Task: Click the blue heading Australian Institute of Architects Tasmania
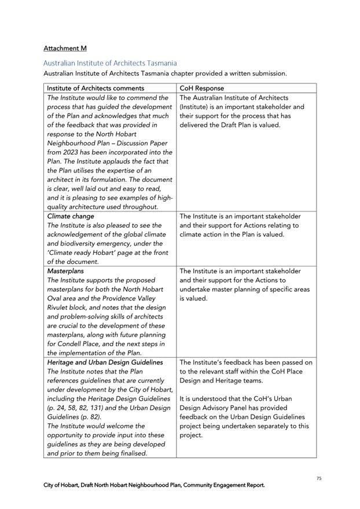[x=110, y=63]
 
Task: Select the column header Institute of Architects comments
[x=95, y=88]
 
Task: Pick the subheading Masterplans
[x=65, y=270]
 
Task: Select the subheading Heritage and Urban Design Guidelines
[x=105, y=362]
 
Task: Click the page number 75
[x=319, y=478]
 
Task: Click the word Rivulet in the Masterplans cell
[x=58, y=307]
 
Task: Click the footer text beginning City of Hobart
[x=154, y=485]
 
